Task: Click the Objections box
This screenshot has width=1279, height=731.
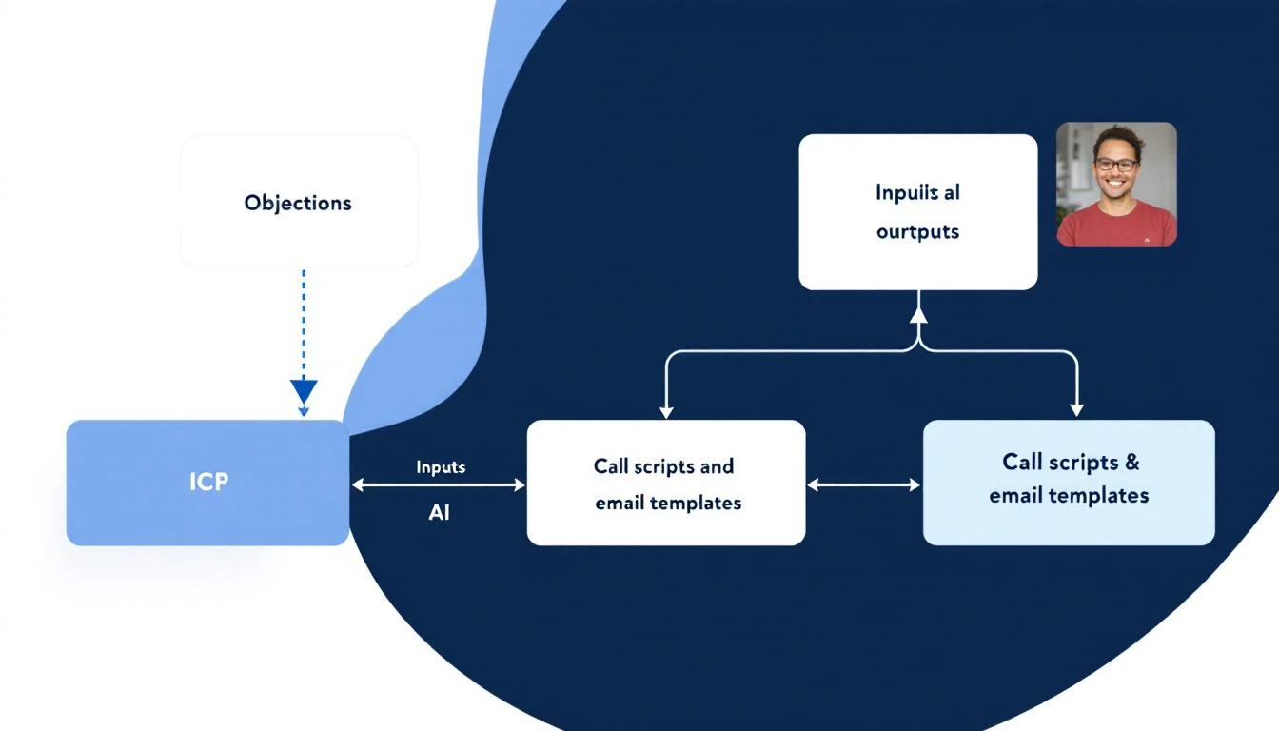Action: [x=299, y=202]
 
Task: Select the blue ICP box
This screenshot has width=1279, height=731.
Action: [x=207, y=483]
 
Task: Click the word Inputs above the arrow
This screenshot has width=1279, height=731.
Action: [x=441, y=467]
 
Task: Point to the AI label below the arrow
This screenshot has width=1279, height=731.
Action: [x=439, y=512]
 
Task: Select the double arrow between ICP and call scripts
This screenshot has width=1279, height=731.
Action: [x=438, y=485]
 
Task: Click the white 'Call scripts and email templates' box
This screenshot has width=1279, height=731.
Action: [x=666, y=483]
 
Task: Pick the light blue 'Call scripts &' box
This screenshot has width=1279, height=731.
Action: [x=1069, y=483]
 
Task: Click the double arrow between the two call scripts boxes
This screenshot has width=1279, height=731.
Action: [x=864, y=485]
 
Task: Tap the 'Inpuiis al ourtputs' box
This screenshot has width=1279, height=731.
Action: [x=917, y=211]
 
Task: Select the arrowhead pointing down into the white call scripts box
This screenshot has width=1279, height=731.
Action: [x=666, y=410]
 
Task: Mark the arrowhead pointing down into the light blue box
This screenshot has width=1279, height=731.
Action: [x=1076, y=408]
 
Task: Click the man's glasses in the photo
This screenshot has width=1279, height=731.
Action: [x=1115, y=164]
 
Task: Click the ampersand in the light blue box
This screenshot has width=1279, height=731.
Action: [x=1131, y=463]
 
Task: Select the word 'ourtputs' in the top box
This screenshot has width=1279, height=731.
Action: [x=917, y=231]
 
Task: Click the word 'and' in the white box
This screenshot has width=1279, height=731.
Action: [x=715, y=466]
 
